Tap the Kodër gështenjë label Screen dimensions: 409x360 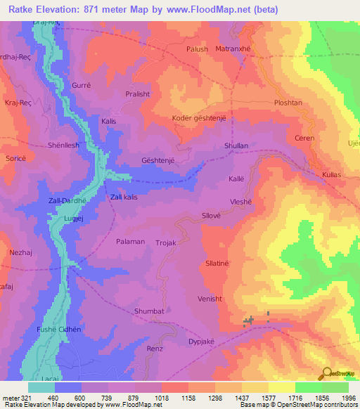point(199,118)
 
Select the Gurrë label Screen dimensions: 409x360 point(82,86)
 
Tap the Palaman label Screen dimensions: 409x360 point(130,241)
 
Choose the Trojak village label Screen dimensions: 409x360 point(166,242)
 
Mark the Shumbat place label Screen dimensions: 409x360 point(148,311)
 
